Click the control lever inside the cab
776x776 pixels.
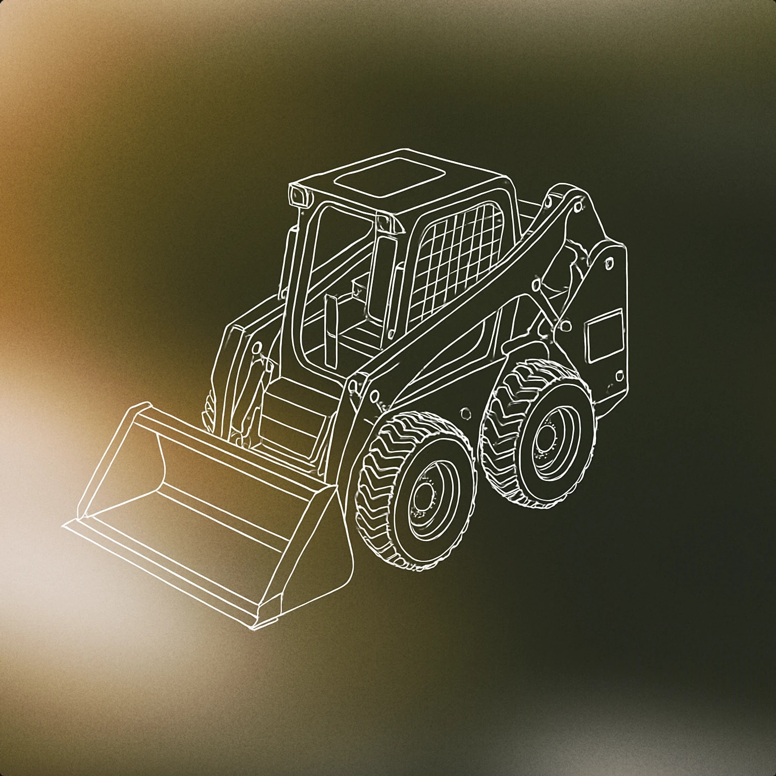pos(331,331)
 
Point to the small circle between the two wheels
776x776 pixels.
pos(465,412)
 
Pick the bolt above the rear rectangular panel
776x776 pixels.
pos(609,263)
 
